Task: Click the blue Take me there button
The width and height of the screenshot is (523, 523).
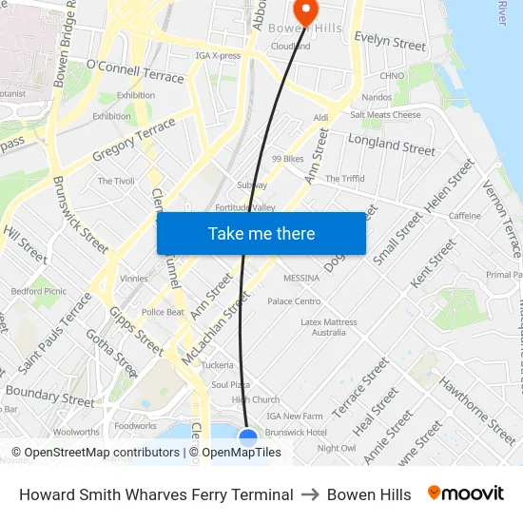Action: click(261, 233)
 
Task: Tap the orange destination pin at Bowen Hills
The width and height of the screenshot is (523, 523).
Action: click(306, 10)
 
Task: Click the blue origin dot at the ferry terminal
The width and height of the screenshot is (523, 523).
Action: click(247, 437)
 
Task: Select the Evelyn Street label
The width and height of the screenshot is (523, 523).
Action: click(390, 43)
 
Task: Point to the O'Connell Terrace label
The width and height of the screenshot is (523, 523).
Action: click(135, 70)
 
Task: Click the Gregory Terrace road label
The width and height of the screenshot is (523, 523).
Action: click(134, 140)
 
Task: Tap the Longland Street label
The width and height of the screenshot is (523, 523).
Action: click(392, 145)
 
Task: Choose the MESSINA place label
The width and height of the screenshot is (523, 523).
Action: click(301, 278)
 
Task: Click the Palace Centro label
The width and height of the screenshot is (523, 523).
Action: click(294, 301)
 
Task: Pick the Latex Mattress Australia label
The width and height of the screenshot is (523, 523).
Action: click(329, 327)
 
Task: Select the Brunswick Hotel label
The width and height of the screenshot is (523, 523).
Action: click(297, 432)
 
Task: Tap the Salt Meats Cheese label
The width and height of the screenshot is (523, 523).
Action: click(385, 115)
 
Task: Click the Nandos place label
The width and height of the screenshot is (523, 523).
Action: click(378, 97)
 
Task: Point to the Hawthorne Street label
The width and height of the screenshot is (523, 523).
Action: click(477, 410)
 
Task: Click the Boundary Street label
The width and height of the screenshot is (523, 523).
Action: click(37, 392)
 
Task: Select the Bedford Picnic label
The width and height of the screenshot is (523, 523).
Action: click(39, 291)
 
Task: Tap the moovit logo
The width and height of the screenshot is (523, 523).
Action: click(466, 494)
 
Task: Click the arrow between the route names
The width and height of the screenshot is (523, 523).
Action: click(310, 494)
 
